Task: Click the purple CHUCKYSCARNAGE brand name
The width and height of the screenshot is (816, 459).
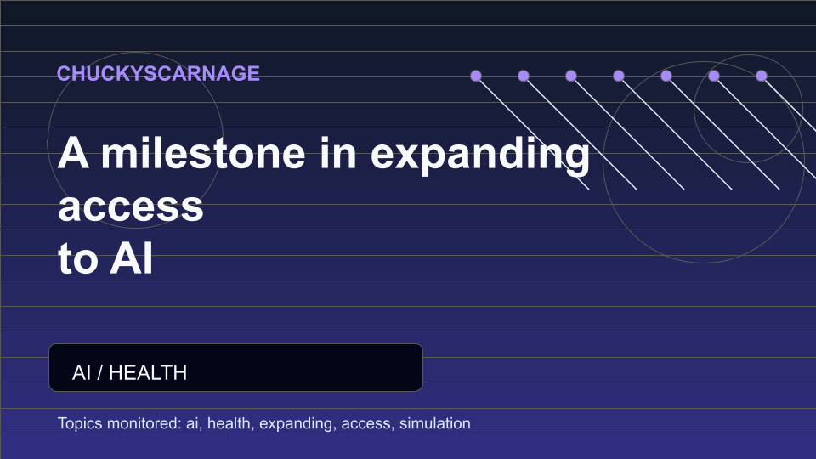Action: (x=158, y=73)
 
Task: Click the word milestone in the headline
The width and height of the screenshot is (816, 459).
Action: (x=203, y=153)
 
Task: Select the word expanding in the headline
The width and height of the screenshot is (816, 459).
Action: (x=480, y=155)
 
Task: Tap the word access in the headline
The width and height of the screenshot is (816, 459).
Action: (x=131, y=207)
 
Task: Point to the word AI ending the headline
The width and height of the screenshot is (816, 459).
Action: (x=131, y=258)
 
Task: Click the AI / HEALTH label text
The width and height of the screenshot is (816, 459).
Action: (x=129, y=372)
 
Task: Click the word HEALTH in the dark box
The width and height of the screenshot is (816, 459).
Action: (x=148, y=372)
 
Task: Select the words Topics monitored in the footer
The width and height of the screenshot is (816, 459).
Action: (x=119, y=423)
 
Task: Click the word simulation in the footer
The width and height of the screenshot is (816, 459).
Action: (x=435, y=423)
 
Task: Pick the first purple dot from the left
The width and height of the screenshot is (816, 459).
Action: (x=476, y=76)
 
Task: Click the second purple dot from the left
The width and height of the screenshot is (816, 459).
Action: (x=524, y=76)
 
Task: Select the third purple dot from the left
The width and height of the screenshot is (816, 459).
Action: (x=571, y=76)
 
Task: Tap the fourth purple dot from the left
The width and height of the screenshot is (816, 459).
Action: (x=619, y=76)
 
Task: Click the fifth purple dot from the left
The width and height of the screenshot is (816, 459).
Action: (x=666, y=76)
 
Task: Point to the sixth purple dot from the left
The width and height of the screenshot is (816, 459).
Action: (x=714, y=76)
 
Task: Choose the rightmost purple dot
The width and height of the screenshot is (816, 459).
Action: (x=762, y=76)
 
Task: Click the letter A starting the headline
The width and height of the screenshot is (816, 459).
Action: (x=73, y=153)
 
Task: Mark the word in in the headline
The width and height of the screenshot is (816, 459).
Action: (x=338, y=153)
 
